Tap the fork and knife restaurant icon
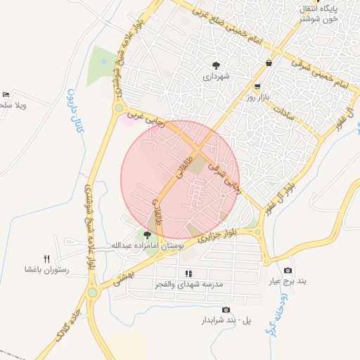pos(47,259)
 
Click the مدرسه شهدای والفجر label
pos(188,284)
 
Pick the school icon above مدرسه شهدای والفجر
pos(188,274)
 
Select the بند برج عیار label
pos(288,281)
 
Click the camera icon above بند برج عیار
pos(288,271)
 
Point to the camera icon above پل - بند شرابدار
pos(226,310)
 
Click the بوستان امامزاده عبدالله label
pos(146,245)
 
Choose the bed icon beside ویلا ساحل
pos(6,94)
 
